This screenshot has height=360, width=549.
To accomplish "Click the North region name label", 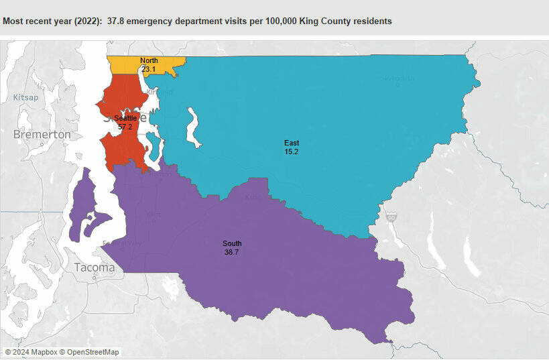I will (x=149, y=60).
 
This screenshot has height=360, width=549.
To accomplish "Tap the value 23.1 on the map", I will (x=149, y=69).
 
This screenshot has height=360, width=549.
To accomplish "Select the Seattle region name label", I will (x=125, y=118).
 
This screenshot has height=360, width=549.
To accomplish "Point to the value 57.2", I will (x=125, y=127).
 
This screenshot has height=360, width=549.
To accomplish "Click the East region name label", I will (x=292, y=143).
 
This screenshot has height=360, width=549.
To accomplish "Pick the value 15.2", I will (x=292, y=152).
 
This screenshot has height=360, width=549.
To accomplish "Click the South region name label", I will (x=233, y=243).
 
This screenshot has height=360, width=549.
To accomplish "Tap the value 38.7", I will (x=233, y=252).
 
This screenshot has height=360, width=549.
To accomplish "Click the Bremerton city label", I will (x=42, y=135).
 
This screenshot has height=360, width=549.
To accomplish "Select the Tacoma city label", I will (x=95, y=267).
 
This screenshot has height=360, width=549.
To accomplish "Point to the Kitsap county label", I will (x=26, y=98).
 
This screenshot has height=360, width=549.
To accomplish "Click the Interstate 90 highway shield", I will (x=391, y=217).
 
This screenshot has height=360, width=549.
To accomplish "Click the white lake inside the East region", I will (x=194, y=127).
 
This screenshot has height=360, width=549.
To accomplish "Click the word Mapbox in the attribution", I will (x=42, y=352).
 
